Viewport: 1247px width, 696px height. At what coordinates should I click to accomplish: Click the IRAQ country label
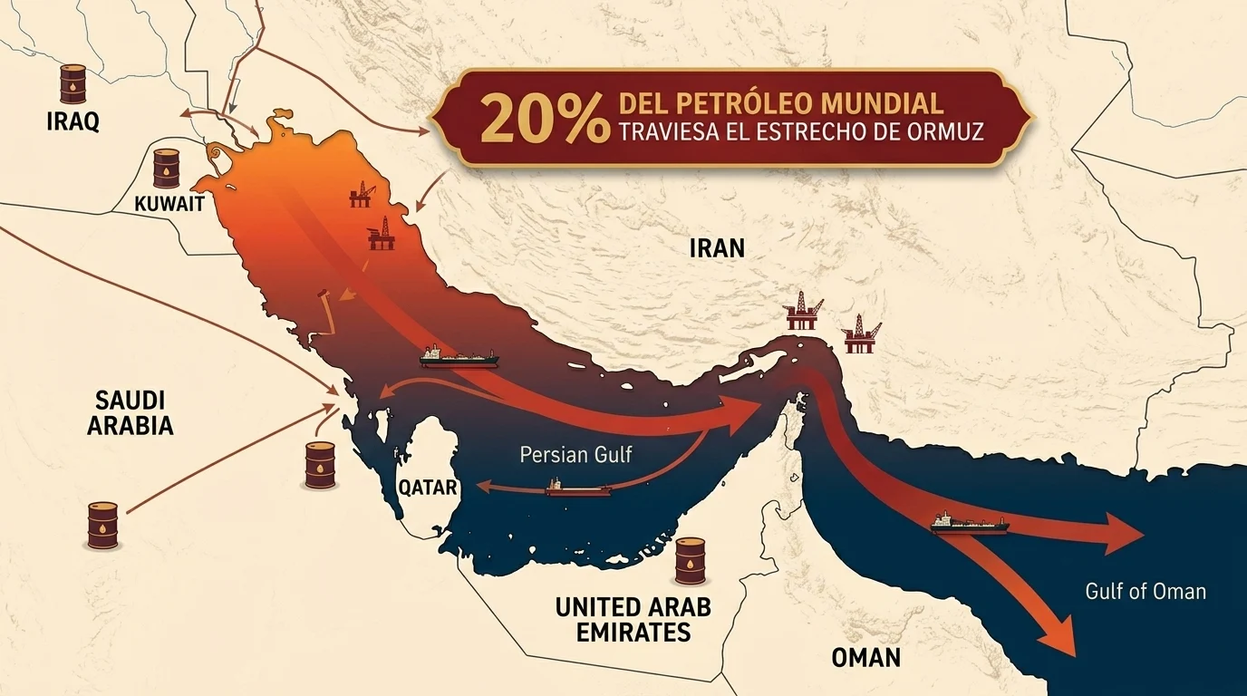pos(72,121)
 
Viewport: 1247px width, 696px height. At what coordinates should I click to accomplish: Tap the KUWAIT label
pos(169,204)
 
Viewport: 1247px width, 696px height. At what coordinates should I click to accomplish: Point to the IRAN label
pos(716,247)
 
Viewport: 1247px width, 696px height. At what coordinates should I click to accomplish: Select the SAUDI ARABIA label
pos(130,412)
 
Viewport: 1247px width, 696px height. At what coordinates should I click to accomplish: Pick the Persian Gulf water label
pos(575,454)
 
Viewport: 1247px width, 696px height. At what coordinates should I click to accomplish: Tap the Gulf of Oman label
pos(1145,592)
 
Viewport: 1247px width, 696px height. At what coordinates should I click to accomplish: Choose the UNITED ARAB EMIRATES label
pos(633,619)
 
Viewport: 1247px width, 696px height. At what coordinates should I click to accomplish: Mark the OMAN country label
pos(866,657)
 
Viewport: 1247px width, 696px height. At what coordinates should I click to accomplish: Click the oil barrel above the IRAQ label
pos(72,83)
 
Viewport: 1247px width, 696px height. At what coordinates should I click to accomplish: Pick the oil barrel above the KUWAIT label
pos(166,169)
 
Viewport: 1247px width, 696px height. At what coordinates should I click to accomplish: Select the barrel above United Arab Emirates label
pos(690,561)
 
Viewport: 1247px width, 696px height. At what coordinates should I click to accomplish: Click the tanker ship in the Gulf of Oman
pos(969,523)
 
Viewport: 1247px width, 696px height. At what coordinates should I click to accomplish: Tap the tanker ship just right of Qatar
pos(577,488)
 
